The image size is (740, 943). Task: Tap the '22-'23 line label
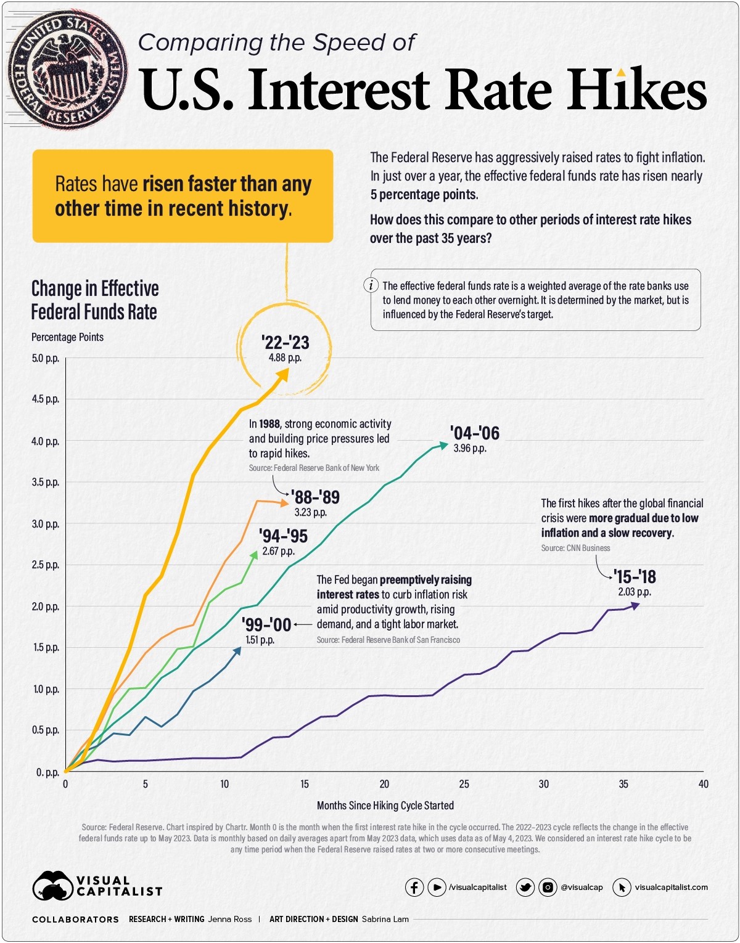click(285, 342)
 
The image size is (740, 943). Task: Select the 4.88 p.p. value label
click(285, 357)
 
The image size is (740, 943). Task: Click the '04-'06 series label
click(474, 433)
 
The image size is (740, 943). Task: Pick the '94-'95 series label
click(283, 536)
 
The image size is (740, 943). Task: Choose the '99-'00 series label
click(266, 624)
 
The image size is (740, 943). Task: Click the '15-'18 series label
click(634, 577)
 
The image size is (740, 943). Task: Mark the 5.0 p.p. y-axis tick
click(46, 358)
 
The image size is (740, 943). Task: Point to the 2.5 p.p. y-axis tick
click(46, 565)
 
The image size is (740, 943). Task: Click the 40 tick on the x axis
click(703, 784)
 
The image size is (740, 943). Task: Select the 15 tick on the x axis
click(305, 784)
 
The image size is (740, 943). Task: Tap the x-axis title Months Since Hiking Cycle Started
click(385, 805)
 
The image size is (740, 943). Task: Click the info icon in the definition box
click(371, 285)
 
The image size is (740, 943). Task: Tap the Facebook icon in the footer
click(414, 888)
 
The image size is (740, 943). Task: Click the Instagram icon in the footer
click(548, 888)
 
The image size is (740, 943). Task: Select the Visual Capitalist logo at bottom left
click(97, 886)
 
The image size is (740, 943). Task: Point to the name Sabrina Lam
click(385, 919)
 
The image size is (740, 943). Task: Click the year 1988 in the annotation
click(269, 424)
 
